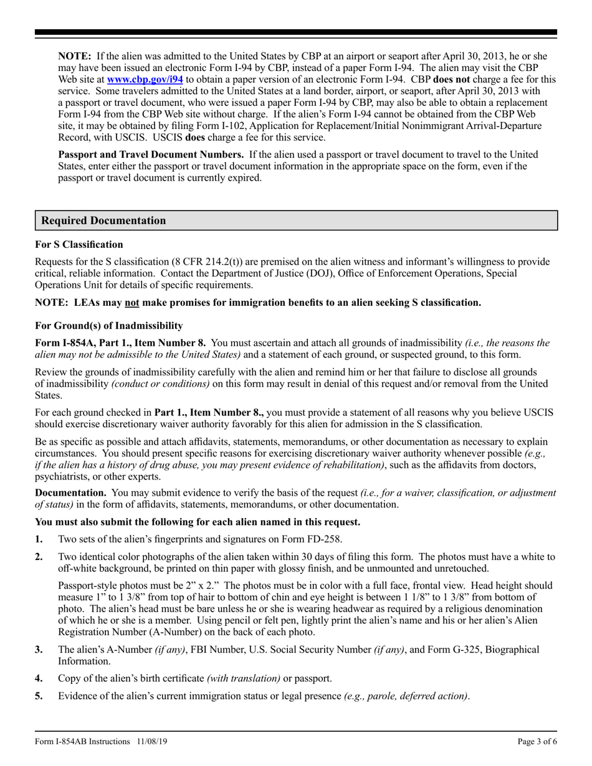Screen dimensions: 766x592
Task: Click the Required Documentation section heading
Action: click(103, 220)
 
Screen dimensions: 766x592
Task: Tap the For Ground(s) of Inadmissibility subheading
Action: click(109, 325)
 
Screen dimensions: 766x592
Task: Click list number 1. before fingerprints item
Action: click(39, 539)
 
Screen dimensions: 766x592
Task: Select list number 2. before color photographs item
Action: click(39, 557)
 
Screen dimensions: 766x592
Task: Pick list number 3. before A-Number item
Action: click(39, 650)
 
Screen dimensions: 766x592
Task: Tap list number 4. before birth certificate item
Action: click(39, 678)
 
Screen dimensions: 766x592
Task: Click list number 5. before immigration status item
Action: click(39, 696)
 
